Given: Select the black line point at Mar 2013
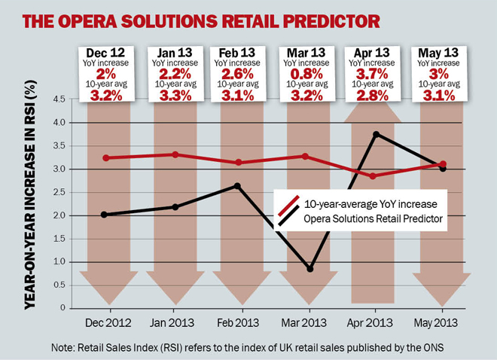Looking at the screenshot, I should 310,269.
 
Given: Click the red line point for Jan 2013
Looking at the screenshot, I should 175,154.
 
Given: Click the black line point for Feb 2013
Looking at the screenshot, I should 238,185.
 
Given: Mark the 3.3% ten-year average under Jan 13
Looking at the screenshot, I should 175,96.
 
